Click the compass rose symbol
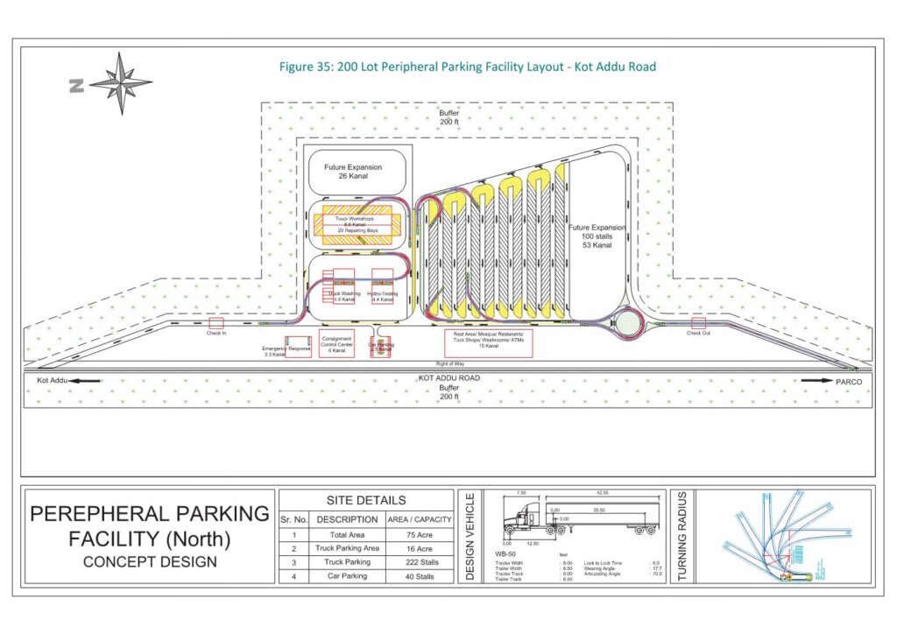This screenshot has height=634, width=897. coord(120,82)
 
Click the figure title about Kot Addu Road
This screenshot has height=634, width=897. coord(467,67)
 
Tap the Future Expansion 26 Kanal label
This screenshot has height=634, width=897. coord(353,172)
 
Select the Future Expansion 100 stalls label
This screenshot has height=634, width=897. coord(598,236)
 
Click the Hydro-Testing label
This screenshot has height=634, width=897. coord(383,295)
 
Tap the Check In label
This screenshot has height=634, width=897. coord(216,332)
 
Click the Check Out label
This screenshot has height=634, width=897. coord(698,333)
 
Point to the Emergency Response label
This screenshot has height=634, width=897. coord(286,349)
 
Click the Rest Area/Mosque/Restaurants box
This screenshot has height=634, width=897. coord(488,342)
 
